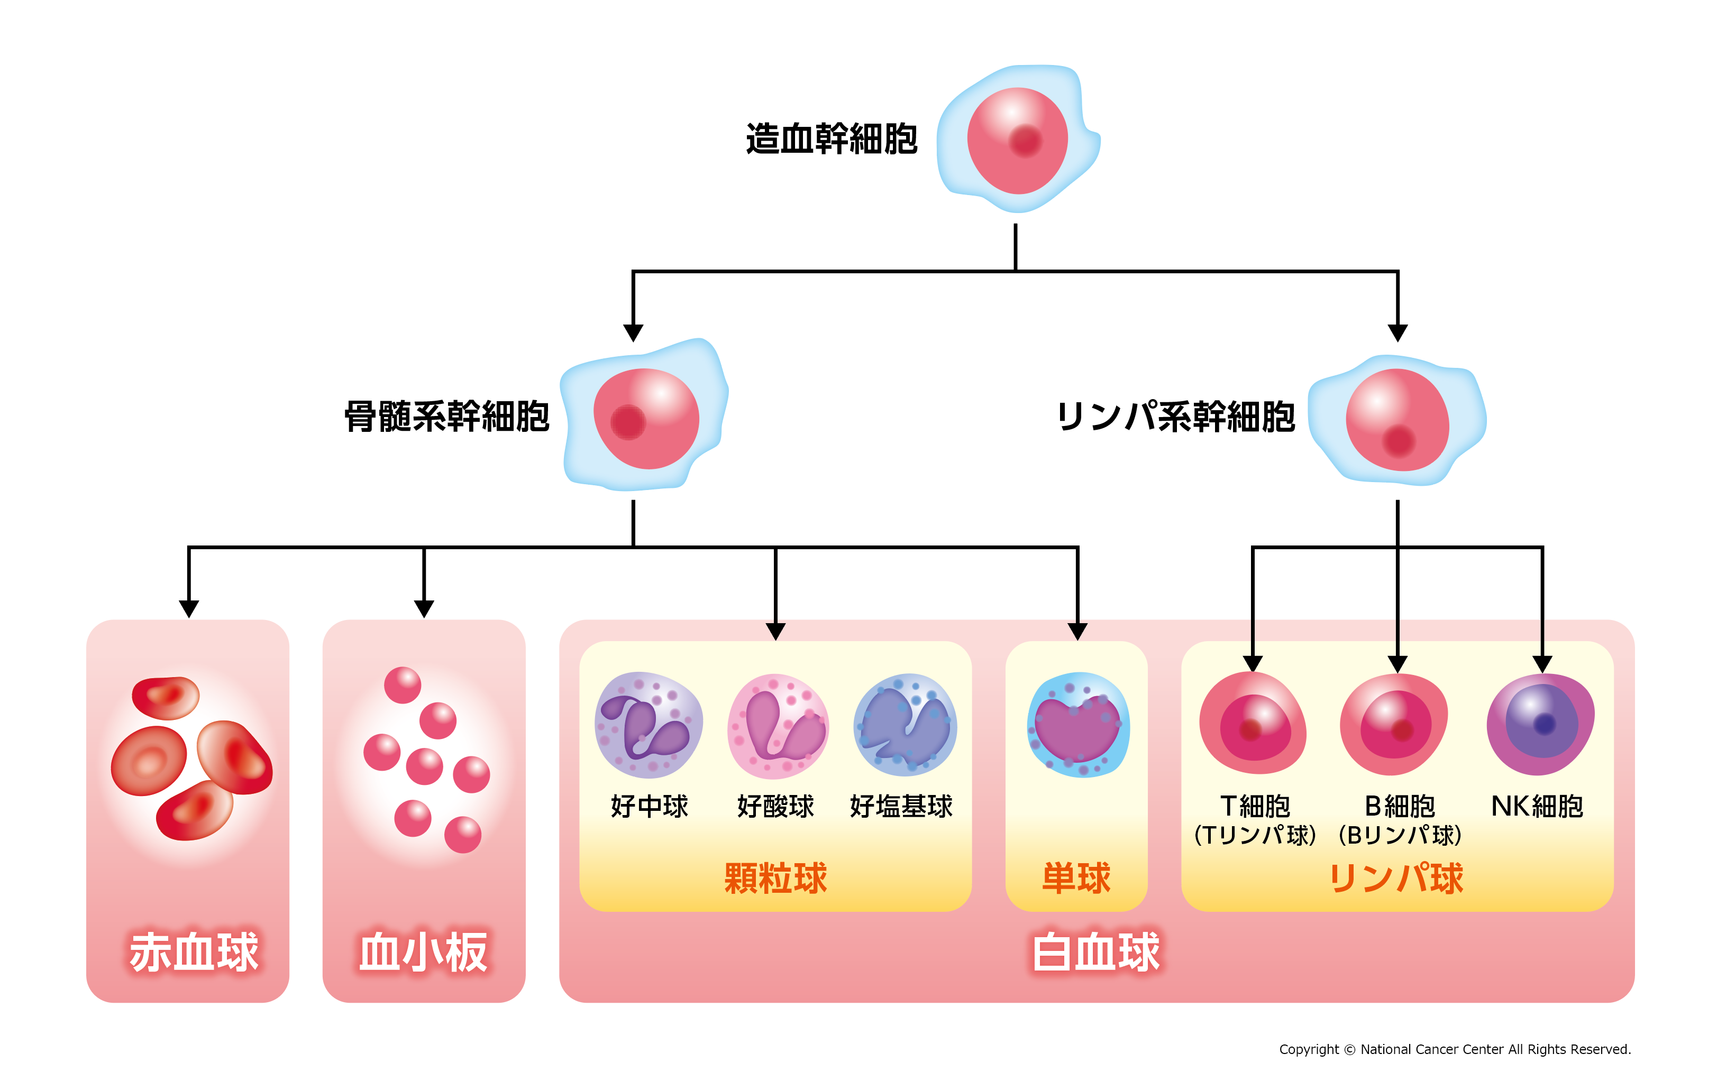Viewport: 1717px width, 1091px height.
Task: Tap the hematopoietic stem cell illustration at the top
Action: tap(1018, 139)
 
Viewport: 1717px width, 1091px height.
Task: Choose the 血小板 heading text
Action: tap(424, 952)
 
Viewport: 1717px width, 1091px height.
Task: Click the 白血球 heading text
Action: tap(1096, 952)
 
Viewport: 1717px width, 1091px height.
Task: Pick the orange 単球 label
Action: tap(1076, 878)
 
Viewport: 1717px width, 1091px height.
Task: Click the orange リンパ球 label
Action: tap(1396, 878)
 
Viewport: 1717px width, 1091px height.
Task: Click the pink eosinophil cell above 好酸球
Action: tap(778, 726)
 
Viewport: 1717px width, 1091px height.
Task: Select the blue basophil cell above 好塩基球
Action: tap(905, 725)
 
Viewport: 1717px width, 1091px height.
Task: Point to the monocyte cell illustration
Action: tap(1077, 725)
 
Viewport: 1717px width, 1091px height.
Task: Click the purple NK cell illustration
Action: tap(1540, 725)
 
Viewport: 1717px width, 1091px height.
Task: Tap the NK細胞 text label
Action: tap(1537, 807)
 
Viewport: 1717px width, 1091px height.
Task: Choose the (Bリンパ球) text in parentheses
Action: tap(1399, 835)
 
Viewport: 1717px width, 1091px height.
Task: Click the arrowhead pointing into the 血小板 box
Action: tap(424, 608)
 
